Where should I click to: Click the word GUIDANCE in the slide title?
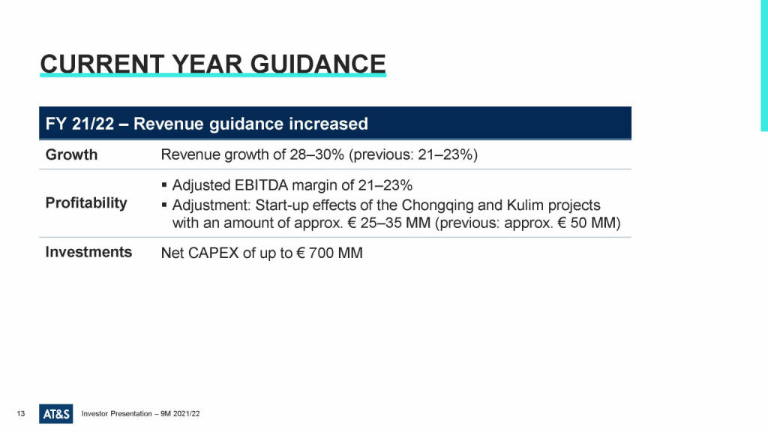pos(318,64)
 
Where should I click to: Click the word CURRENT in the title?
pos(102,64)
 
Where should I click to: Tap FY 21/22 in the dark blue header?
pos(79,124)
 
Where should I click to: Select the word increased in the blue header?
pos(328,124)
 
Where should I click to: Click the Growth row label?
pos(71,154)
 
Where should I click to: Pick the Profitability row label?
pos(86,202)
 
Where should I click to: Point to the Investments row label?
pos(88,252)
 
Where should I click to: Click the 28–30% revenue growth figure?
pos(317,154)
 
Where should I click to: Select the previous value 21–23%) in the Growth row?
pos(448,154)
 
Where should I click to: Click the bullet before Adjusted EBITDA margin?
pos(164,185)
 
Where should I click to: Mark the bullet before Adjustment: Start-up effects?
pos(164,205)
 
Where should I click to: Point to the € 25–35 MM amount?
pos(389,223)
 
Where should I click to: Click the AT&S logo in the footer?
pos(55,414)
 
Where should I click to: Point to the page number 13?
pos(20,414)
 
